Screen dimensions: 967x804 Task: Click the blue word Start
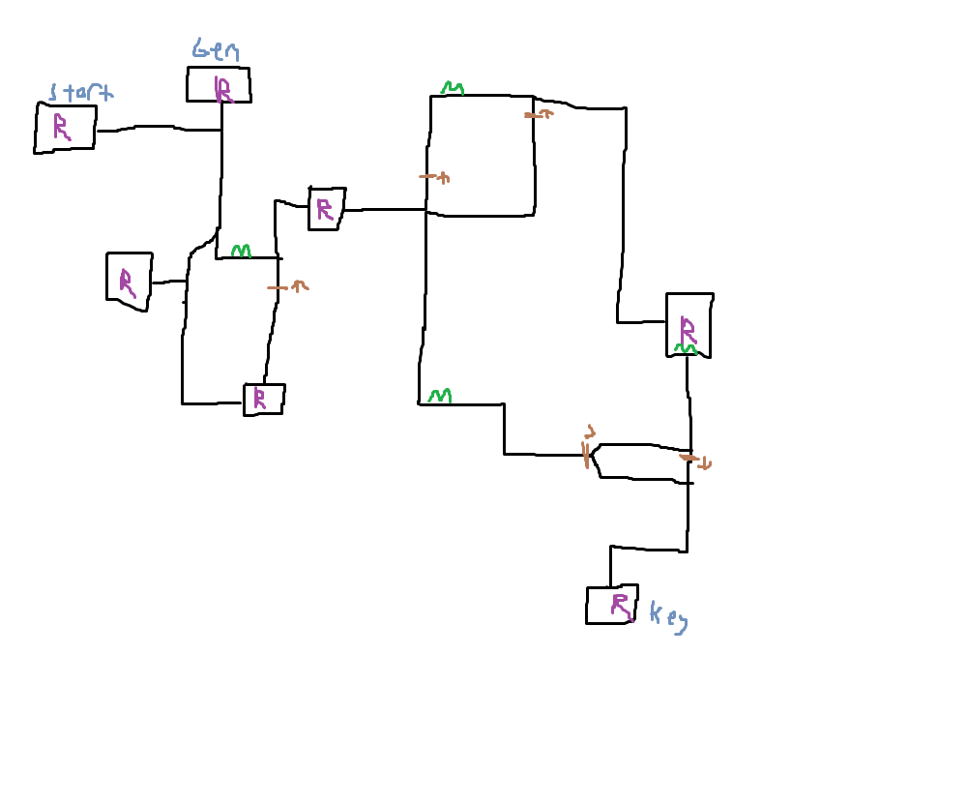pos(80,93)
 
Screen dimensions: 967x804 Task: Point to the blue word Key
pos(668,616)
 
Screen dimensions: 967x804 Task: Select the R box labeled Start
pos(66,128)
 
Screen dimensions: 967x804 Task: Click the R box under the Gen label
pos(219,85)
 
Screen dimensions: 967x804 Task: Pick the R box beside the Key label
pos(612,605)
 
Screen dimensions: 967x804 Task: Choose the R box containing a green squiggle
pos(689,325)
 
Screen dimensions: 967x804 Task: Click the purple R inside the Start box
pos(61,127)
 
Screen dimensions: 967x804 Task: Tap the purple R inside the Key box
pos(620,606)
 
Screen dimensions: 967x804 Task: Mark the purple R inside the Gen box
pos(223,89)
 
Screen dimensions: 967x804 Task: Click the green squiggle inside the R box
pos(686,348)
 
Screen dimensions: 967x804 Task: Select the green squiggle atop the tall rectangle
pos(453,89)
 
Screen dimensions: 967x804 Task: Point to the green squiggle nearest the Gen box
pos(241,252)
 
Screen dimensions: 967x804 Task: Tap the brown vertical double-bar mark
pos(586,454)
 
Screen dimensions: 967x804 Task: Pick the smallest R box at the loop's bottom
pos(263,400)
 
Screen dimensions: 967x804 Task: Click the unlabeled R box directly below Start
pos(129,281)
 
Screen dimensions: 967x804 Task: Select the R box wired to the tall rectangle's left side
pos(326,209)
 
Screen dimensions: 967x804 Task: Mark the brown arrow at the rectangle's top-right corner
pos(539,114)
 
